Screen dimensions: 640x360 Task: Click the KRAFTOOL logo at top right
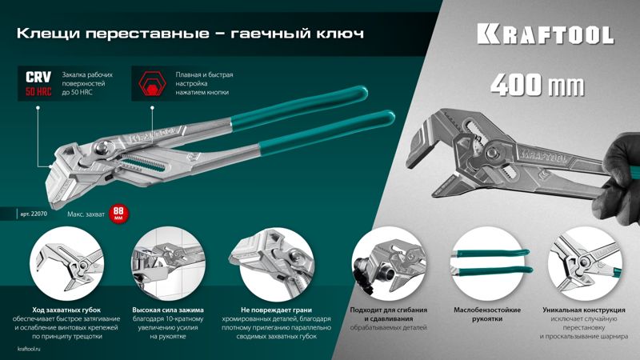click(546, 34)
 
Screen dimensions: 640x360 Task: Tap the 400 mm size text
click(537, 85)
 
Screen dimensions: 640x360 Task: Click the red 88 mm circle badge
click(118, 214)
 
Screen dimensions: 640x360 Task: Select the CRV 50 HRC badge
click(38, 83)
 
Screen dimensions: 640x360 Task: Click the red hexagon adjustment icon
click(152, 84)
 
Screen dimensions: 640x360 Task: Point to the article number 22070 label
click(34, 214)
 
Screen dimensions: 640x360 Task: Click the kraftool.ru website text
click(30, 349)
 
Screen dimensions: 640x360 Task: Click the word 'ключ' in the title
click(339, 33)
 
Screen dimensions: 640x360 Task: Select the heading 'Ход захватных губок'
click(66, 310)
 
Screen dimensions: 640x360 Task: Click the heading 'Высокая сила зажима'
click(168, 310)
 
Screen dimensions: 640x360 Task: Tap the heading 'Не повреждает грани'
click(276, 310)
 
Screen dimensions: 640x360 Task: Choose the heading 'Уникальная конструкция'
click(584, 310)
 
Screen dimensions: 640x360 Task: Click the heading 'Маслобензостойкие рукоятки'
click(487, 314)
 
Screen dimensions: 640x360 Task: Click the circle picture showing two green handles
click(488, 264)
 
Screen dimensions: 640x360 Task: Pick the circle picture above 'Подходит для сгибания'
click(388, 264)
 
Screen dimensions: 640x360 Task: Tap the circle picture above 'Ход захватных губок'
click(66, 264)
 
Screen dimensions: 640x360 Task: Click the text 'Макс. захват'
click(86, 214)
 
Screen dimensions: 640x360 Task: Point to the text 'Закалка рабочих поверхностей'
click(87, 79)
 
